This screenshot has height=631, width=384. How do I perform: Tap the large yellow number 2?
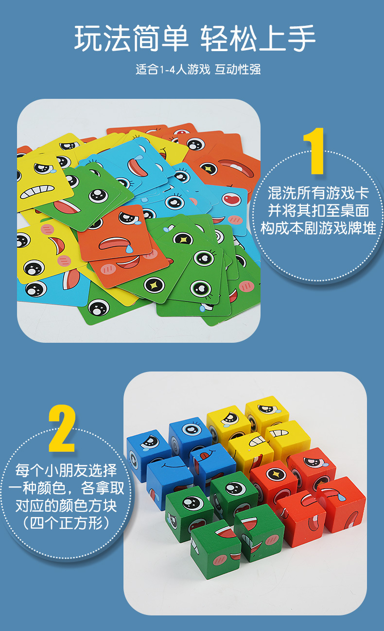[x=61, y=429]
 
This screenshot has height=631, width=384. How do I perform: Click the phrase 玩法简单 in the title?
[x=130, y=38]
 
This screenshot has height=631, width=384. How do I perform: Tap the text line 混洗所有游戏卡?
[x=318, y=193]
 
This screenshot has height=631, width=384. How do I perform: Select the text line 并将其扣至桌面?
[x=318, y=210]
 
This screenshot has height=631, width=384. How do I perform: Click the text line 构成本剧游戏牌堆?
[x=318, y=228]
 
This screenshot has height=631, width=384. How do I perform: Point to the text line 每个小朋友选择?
[x=66, y=471]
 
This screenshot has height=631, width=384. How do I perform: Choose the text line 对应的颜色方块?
[x=66, y=505]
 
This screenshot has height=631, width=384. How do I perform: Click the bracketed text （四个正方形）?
[x=66, y=523]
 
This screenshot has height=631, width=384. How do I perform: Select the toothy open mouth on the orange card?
[x=236, y=168]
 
